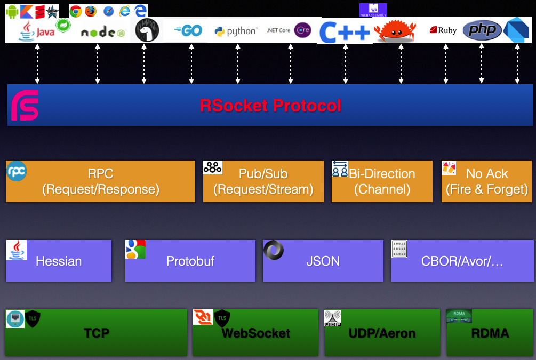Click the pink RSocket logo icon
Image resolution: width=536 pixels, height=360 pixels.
[25, 105]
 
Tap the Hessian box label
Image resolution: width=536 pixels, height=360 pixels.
[59, 261]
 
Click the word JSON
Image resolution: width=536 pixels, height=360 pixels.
[323, 261]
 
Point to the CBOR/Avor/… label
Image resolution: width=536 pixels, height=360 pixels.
[462, 261]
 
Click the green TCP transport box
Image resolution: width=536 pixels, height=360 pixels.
[96, 333]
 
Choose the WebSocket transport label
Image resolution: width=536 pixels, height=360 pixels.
[255, 333]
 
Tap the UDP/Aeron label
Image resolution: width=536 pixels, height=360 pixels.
[382, 333]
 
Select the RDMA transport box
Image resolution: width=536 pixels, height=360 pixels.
[490, 333]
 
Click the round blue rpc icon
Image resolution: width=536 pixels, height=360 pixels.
[16, 171]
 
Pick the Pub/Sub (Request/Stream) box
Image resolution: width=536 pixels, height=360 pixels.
[263, 181]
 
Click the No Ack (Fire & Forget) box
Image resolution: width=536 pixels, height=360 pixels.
[486, 181]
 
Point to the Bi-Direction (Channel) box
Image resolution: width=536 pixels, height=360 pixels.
[382, 181]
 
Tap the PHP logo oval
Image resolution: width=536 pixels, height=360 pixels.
[482, 30]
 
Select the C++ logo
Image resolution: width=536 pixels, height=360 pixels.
[345, 32]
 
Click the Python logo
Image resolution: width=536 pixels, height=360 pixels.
[236, 31]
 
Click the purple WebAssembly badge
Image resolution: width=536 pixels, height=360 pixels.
[373, 10]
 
